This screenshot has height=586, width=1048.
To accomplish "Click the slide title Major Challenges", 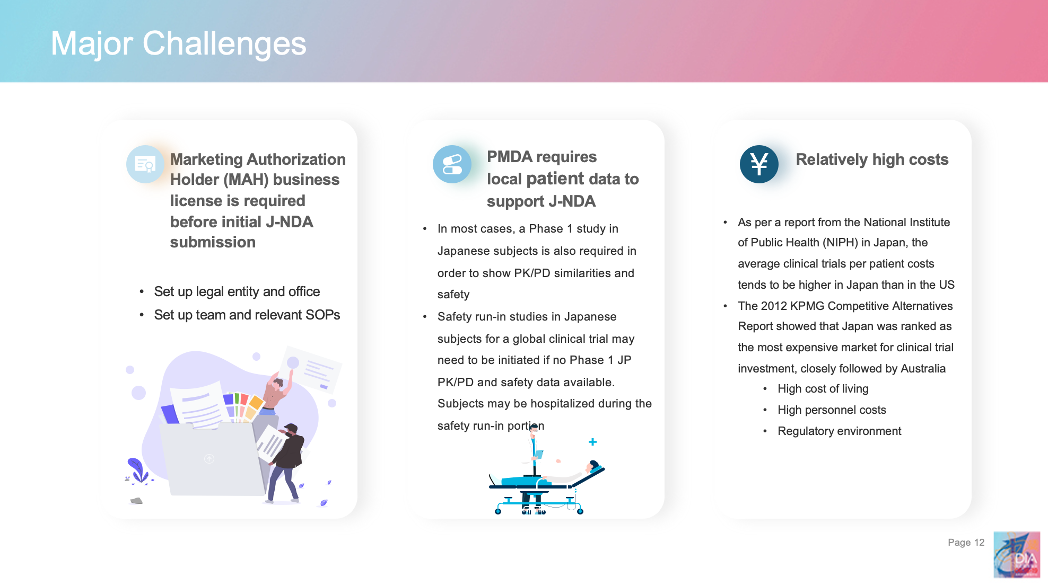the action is tap(178, 43).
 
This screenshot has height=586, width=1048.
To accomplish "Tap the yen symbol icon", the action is tap(759, 164).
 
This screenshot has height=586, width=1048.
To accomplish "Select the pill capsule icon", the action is tap(452, 164).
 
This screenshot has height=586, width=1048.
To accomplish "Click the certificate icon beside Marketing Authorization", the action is tap(145, 164).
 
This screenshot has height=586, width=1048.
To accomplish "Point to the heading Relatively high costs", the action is tap(872, 159).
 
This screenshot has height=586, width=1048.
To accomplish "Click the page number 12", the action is tap(979, 542).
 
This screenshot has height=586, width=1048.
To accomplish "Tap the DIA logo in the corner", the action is tap(1016, 554).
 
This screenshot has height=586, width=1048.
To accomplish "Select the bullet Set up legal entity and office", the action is tap(237, 291).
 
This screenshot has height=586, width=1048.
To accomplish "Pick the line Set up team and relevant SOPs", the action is tap(247, 315).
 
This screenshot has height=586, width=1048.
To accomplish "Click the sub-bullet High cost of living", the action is tap(823, 388).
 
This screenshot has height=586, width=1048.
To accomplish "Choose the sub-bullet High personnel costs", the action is tap(832, 410).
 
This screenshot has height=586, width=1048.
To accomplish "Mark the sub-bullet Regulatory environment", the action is tap(839, 431).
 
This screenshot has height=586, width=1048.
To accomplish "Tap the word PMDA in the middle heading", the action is tap(510, 157).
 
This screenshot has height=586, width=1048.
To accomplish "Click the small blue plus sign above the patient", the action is tap(592, 442).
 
